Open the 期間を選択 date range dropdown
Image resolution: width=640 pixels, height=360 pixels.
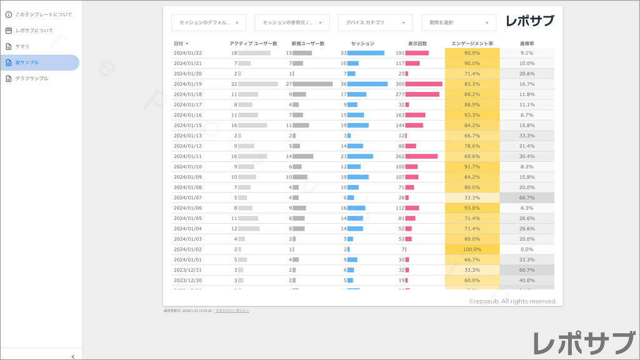[458, 22]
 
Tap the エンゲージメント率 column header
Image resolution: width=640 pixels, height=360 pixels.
[472, 44]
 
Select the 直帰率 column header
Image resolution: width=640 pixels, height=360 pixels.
[527, 44]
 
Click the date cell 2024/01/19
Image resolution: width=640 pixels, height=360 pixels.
[187, 84]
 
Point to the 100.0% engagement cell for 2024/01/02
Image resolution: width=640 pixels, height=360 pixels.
[472, 249]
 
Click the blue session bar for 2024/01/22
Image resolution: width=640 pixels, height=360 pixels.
[366, 53]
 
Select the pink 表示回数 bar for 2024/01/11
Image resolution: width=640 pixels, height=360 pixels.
[421, 156]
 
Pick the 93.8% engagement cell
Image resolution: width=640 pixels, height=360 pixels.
[472, 208]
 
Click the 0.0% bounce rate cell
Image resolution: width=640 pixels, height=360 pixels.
[527, 249]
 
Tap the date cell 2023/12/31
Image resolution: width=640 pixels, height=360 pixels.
[187, 270]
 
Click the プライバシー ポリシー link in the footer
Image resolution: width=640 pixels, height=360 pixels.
[232, 311]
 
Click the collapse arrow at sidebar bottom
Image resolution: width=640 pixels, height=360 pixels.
[72, 356]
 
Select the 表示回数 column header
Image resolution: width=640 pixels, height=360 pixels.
[417, 44]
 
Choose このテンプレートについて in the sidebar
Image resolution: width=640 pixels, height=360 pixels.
[43, 14]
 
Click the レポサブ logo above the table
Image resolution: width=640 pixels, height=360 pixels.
[530, 21]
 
